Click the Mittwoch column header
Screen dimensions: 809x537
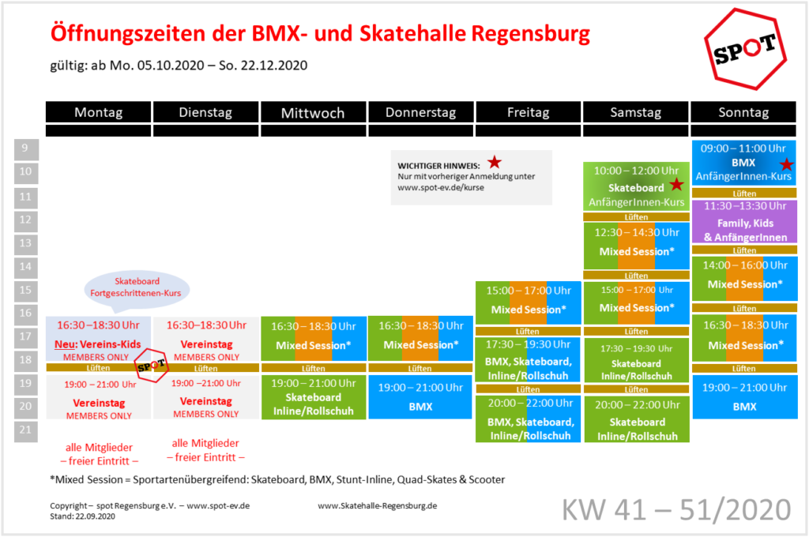point(313,112)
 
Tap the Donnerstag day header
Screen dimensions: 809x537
point(420,112)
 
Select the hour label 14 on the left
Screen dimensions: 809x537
point(26,267)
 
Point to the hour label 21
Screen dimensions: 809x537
point(26,430)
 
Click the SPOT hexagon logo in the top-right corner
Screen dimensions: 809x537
point(745,49)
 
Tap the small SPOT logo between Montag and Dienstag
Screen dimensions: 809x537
point(151,365)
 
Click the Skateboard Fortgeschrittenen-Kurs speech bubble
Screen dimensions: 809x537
point(137,290)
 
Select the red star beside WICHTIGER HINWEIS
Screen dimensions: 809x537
point(495,163)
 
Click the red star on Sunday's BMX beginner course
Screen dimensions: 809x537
point(786,164)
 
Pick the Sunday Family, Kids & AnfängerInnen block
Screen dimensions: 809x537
point(744,222)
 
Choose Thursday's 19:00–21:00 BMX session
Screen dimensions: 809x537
point(420,396)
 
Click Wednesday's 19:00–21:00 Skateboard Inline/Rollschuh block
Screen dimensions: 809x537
point(313,396)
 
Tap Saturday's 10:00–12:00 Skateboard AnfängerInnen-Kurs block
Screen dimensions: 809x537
point(636,186)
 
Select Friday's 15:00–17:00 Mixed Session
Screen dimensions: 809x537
point(529,302)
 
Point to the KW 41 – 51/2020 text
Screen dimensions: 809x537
point(676,509)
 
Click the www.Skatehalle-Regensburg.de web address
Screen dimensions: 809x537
point(377,505)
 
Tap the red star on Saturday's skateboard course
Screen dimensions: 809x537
point(676,184)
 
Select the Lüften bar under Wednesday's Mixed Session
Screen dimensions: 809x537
point(313,368)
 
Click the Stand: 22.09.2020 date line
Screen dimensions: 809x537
point(82,516)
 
